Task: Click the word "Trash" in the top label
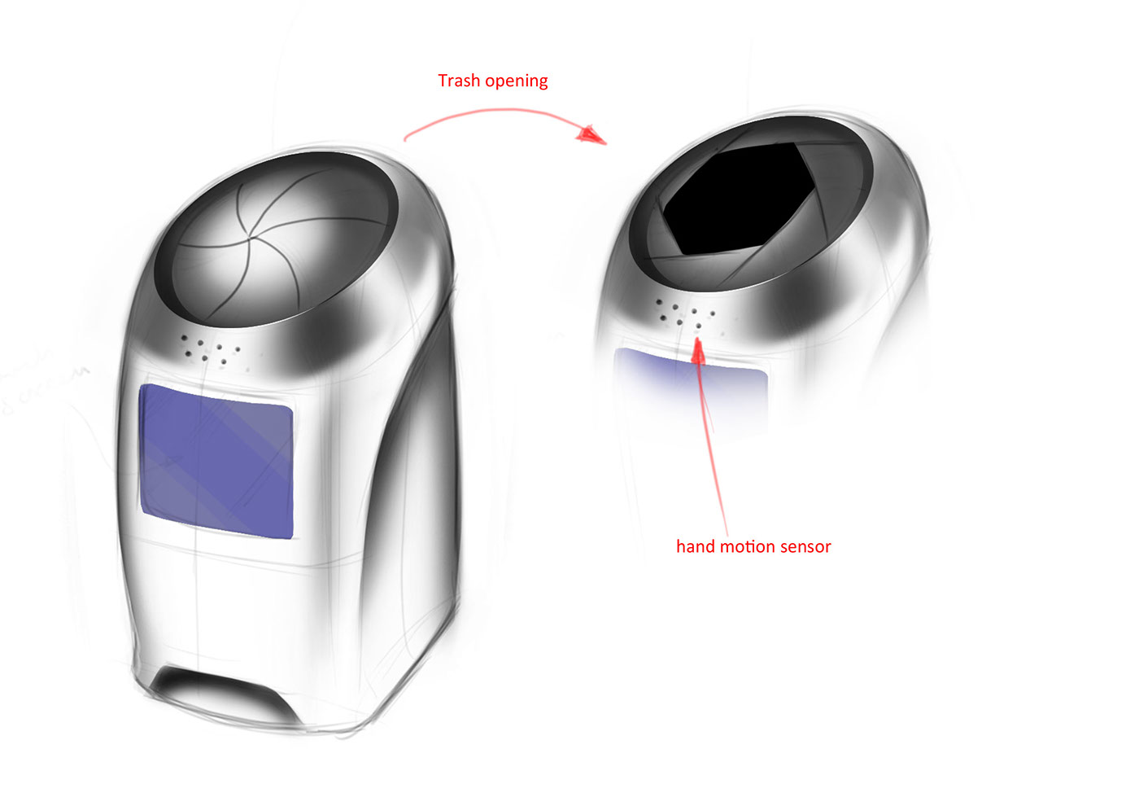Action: [459, 81]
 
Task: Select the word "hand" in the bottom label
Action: [693, 546]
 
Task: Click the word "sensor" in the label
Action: [805, 546]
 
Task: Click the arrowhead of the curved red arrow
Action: [593, 134]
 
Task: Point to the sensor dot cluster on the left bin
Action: [210, 350]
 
